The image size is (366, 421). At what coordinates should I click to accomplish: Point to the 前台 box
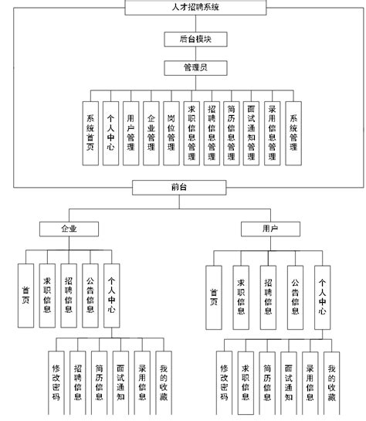tap(179, 187)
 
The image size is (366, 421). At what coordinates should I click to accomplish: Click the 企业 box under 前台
tap(69, 229)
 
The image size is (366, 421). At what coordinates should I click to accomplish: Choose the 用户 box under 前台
tap(270, 229)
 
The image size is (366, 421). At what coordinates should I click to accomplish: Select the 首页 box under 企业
tap(27, 293)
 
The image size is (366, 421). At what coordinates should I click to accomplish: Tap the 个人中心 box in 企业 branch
tap(112, 293)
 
